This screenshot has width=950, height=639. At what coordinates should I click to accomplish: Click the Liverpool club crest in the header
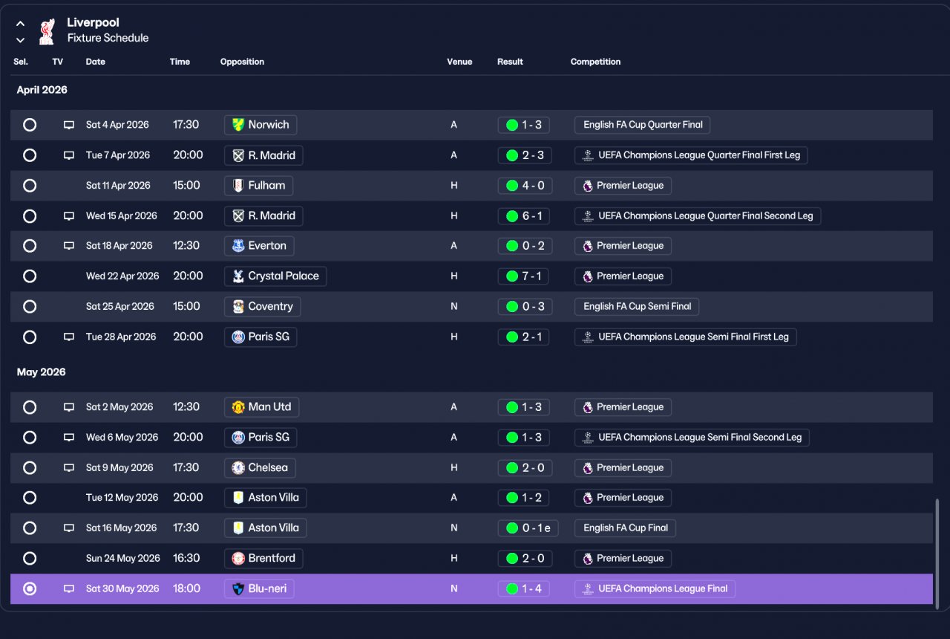(x=47, y=31)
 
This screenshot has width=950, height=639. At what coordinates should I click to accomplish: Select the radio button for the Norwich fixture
(x=30, y=125)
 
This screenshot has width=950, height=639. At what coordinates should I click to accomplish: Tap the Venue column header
(x=459, y=62)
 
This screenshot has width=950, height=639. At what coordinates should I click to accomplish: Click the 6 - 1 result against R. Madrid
(x=524, y=215)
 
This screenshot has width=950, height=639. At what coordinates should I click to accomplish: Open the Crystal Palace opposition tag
(x=275, y=276)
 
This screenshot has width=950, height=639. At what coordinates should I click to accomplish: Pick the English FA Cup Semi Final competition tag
(x=637, y=307)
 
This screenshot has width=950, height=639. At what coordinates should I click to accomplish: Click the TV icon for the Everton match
(x=69, y=246)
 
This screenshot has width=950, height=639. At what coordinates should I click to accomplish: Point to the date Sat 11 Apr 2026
(x=118, y=186)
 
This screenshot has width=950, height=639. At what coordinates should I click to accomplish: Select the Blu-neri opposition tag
(x=259, y=589)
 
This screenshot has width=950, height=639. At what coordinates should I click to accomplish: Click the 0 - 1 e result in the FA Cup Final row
(x=528, y=528)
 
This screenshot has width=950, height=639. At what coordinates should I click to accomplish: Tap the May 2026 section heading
(x=41, y=372)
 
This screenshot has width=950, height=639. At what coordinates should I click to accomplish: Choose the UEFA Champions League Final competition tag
(x=655, y=589)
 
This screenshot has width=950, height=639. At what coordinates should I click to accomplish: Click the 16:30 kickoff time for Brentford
(x=186, y=558)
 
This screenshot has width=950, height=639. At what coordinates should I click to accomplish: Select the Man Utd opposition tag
(x=261, y=407)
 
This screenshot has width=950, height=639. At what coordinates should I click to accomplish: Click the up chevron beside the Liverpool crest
(x=20, y=24)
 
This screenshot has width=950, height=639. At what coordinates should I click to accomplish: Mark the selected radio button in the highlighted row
(x=30, y=589)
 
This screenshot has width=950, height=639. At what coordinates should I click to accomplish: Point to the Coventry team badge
(x=238, y=307)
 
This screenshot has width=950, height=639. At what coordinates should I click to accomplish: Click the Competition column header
(x=595, y=62)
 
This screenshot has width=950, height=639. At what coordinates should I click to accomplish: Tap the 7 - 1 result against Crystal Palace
(x=523, y=276)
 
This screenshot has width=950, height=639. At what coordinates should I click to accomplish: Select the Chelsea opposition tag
(x=260, y=467)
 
